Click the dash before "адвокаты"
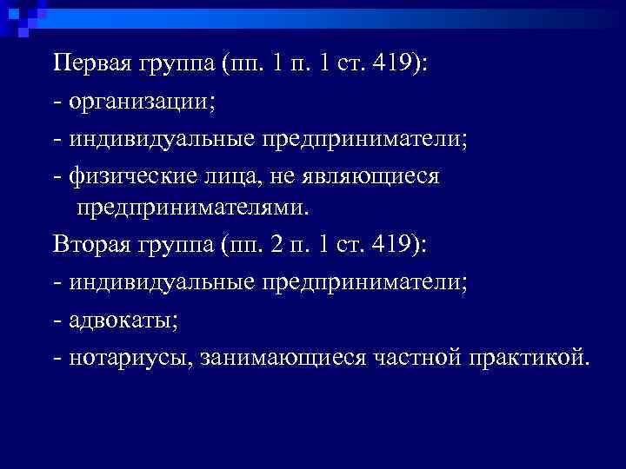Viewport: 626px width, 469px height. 57,320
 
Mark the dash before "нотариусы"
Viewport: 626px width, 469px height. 57,358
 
